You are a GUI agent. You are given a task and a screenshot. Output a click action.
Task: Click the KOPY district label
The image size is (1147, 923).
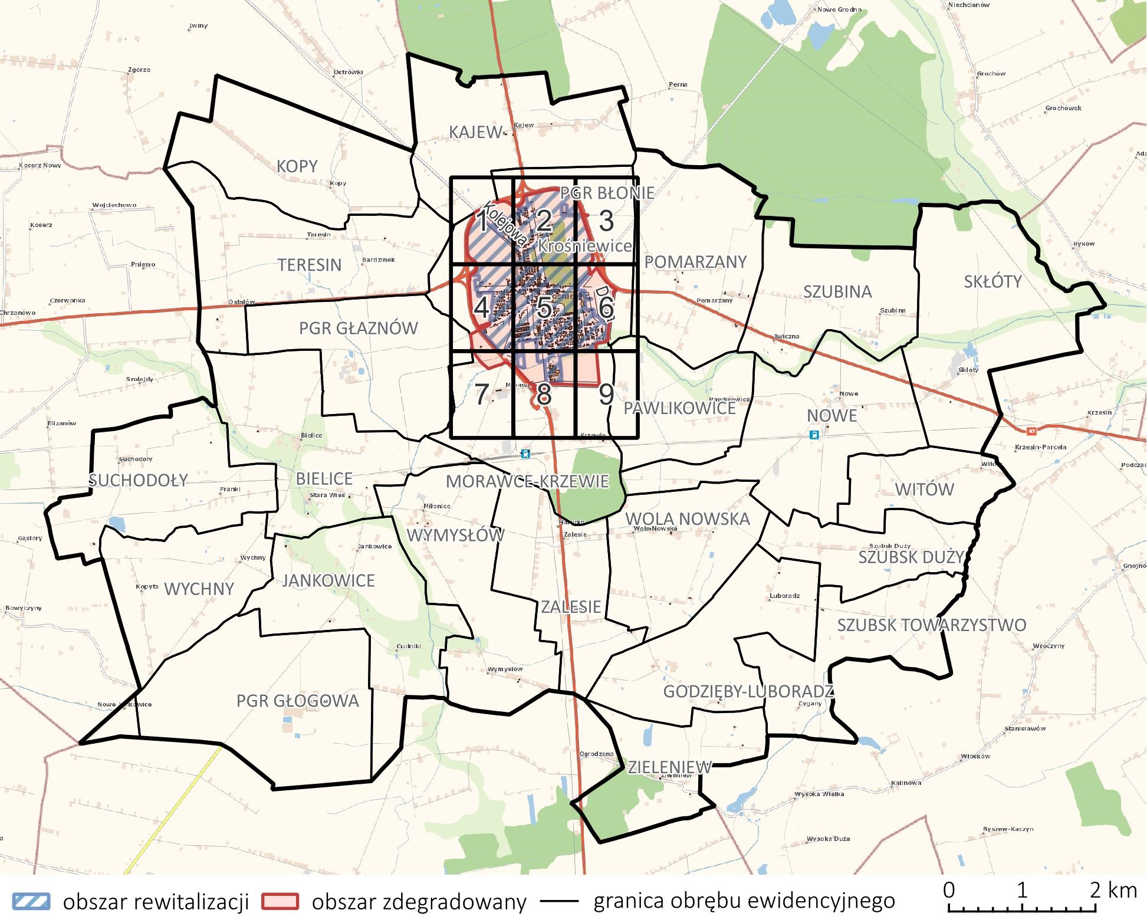[297, 167]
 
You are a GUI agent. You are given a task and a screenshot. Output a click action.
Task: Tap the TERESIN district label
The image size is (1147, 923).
[310, 265]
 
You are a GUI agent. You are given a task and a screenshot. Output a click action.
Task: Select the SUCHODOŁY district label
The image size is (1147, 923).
[138, 481]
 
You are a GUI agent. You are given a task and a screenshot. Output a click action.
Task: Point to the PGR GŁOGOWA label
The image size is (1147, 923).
[297, 701]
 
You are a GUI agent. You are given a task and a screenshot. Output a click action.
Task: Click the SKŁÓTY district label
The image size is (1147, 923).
[992, 282]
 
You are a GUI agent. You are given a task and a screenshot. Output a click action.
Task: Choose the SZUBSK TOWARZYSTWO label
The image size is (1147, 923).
[932, 625]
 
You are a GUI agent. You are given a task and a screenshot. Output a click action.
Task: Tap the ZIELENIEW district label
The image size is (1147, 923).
[669, 767]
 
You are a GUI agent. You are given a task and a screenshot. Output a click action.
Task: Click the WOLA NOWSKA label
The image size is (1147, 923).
[687, 519]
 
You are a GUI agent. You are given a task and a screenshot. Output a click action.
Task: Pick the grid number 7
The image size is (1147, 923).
[482, 394]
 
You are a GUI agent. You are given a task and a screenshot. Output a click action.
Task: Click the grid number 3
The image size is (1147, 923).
[606, 221]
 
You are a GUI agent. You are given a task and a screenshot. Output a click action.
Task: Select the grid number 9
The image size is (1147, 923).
[606, 394]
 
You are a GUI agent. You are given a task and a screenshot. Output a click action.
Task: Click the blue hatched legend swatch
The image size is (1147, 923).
[31, 902]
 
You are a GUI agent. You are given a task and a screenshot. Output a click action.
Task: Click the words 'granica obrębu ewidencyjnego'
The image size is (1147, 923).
[744, 901]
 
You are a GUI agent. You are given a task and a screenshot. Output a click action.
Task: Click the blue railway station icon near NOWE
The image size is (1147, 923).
[814, 435]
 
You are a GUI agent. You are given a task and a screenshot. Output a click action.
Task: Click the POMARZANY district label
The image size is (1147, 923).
[695, 262]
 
